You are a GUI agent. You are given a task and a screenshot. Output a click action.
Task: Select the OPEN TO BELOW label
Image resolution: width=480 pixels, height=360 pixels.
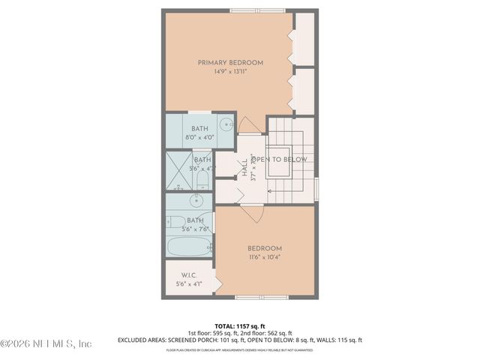[279, 160]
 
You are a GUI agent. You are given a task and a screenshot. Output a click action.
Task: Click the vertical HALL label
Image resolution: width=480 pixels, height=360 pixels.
[244, 168]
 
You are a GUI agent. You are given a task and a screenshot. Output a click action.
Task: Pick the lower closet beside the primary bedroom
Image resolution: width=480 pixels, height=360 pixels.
[304, 91]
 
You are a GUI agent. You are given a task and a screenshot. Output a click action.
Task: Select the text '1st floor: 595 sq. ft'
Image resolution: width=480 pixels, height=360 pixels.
[214, 332]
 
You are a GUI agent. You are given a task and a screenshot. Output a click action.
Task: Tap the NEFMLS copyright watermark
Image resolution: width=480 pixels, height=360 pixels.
[46, 343]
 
